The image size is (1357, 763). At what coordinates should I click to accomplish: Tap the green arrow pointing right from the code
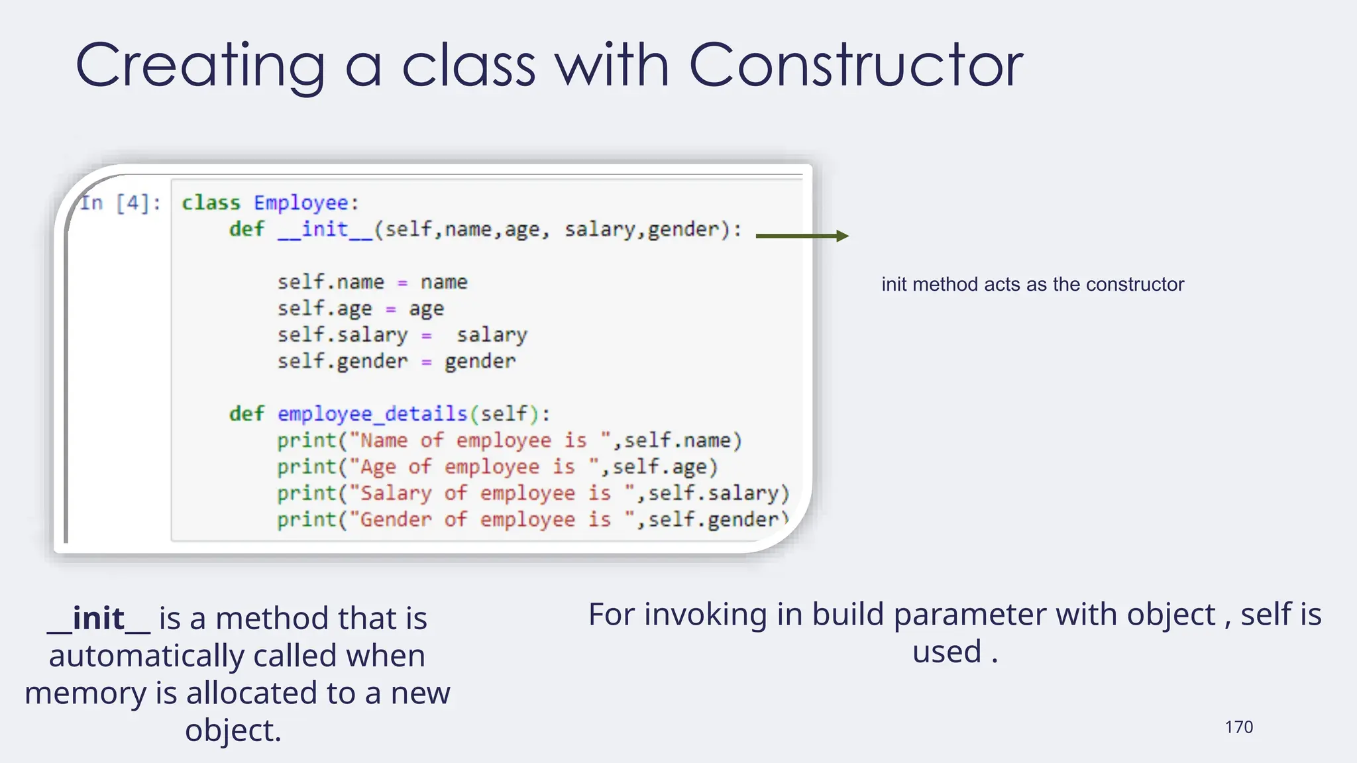coord(802,236)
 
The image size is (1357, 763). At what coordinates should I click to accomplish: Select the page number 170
coord(1238,727)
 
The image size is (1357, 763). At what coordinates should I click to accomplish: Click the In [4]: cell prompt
coord(120,203)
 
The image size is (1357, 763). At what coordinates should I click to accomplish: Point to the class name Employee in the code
coord(301,203)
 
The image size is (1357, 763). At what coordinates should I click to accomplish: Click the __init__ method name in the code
coord(325,229)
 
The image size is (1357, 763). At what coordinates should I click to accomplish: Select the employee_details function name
coord(372,414)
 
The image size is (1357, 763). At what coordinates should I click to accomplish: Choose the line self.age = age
coord(360,309)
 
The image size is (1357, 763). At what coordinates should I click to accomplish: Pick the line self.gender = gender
coord(396,362)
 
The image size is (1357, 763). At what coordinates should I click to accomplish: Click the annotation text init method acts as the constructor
coord(1032,285)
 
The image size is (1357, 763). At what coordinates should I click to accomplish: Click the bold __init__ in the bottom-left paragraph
coord(99,619)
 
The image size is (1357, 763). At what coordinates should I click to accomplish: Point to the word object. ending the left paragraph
coord(233,731)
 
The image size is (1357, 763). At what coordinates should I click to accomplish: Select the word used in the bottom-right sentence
coord(946,652)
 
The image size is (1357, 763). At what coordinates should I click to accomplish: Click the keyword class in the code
coord(211,203)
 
